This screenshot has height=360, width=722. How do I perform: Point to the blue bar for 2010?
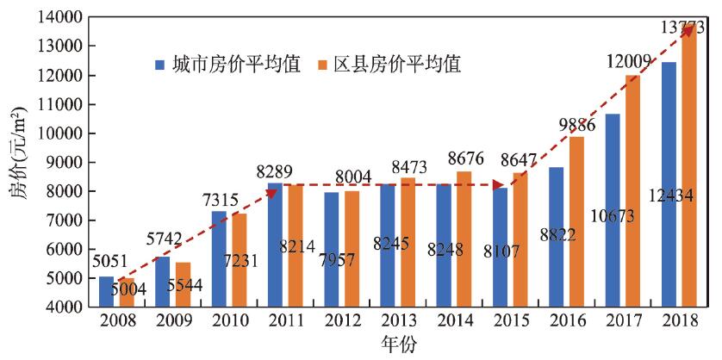click(x=218, y=258)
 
